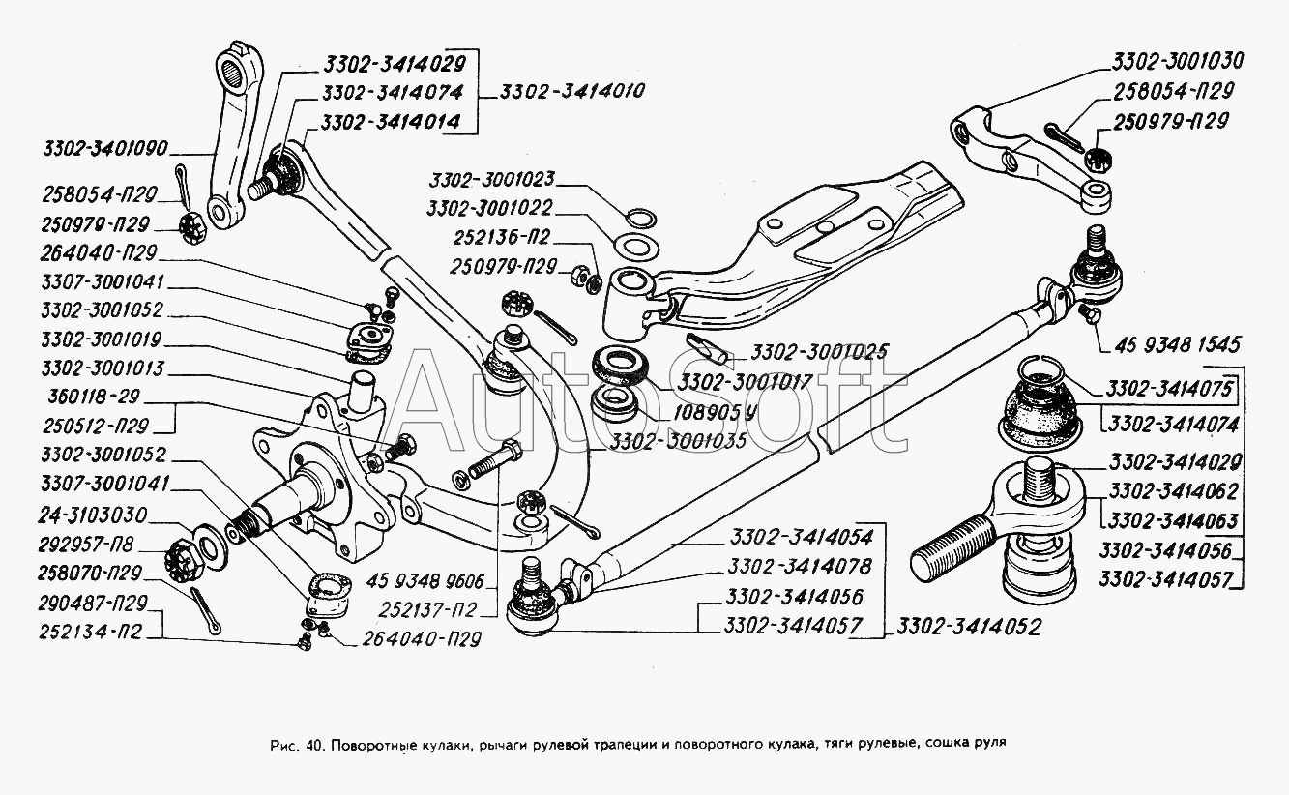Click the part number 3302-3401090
[105, 149]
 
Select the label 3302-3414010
[572, 92]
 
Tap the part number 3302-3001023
[492, 180]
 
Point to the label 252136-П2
[502, 237]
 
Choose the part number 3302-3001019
[102, 339]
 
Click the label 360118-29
[94, 397]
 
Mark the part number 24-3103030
[93, 515]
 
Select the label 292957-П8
[86, 545]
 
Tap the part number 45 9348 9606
[425, 581]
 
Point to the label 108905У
[716, 412]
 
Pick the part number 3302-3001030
[1178, 61]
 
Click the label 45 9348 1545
[1178, 345]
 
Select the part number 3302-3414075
[1169, 389]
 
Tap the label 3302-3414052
[969, 627]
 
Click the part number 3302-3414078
[801, 567]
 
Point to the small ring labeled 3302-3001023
[640, 219]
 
